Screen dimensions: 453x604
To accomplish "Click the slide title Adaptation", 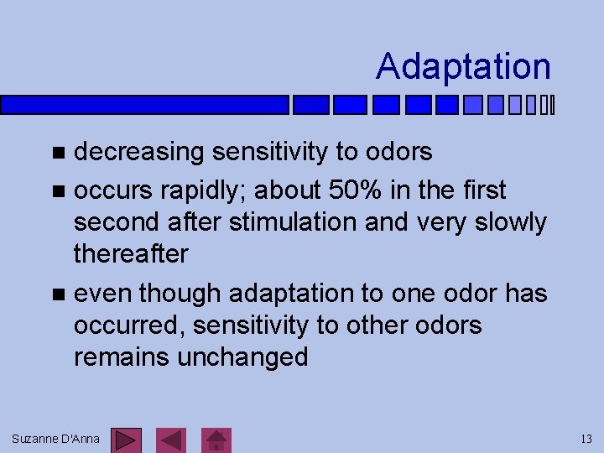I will point(463,66).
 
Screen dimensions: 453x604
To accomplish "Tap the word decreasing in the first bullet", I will point(139,152).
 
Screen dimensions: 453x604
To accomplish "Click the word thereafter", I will point(131,253).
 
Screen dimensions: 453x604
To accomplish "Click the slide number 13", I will point(586,439).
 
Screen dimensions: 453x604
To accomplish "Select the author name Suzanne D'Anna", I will point(56,439).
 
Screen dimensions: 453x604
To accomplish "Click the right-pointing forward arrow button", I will point(126,440).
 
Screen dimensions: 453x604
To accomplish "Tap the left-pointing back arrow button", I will point(172,440).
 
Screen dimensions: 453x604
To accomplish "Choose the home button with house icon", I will point(217,440).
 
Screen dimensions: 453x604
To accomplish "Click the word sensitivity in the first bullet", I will point(270,152).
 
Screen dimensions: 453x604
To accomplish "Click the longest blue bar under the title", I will point(144,105).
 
